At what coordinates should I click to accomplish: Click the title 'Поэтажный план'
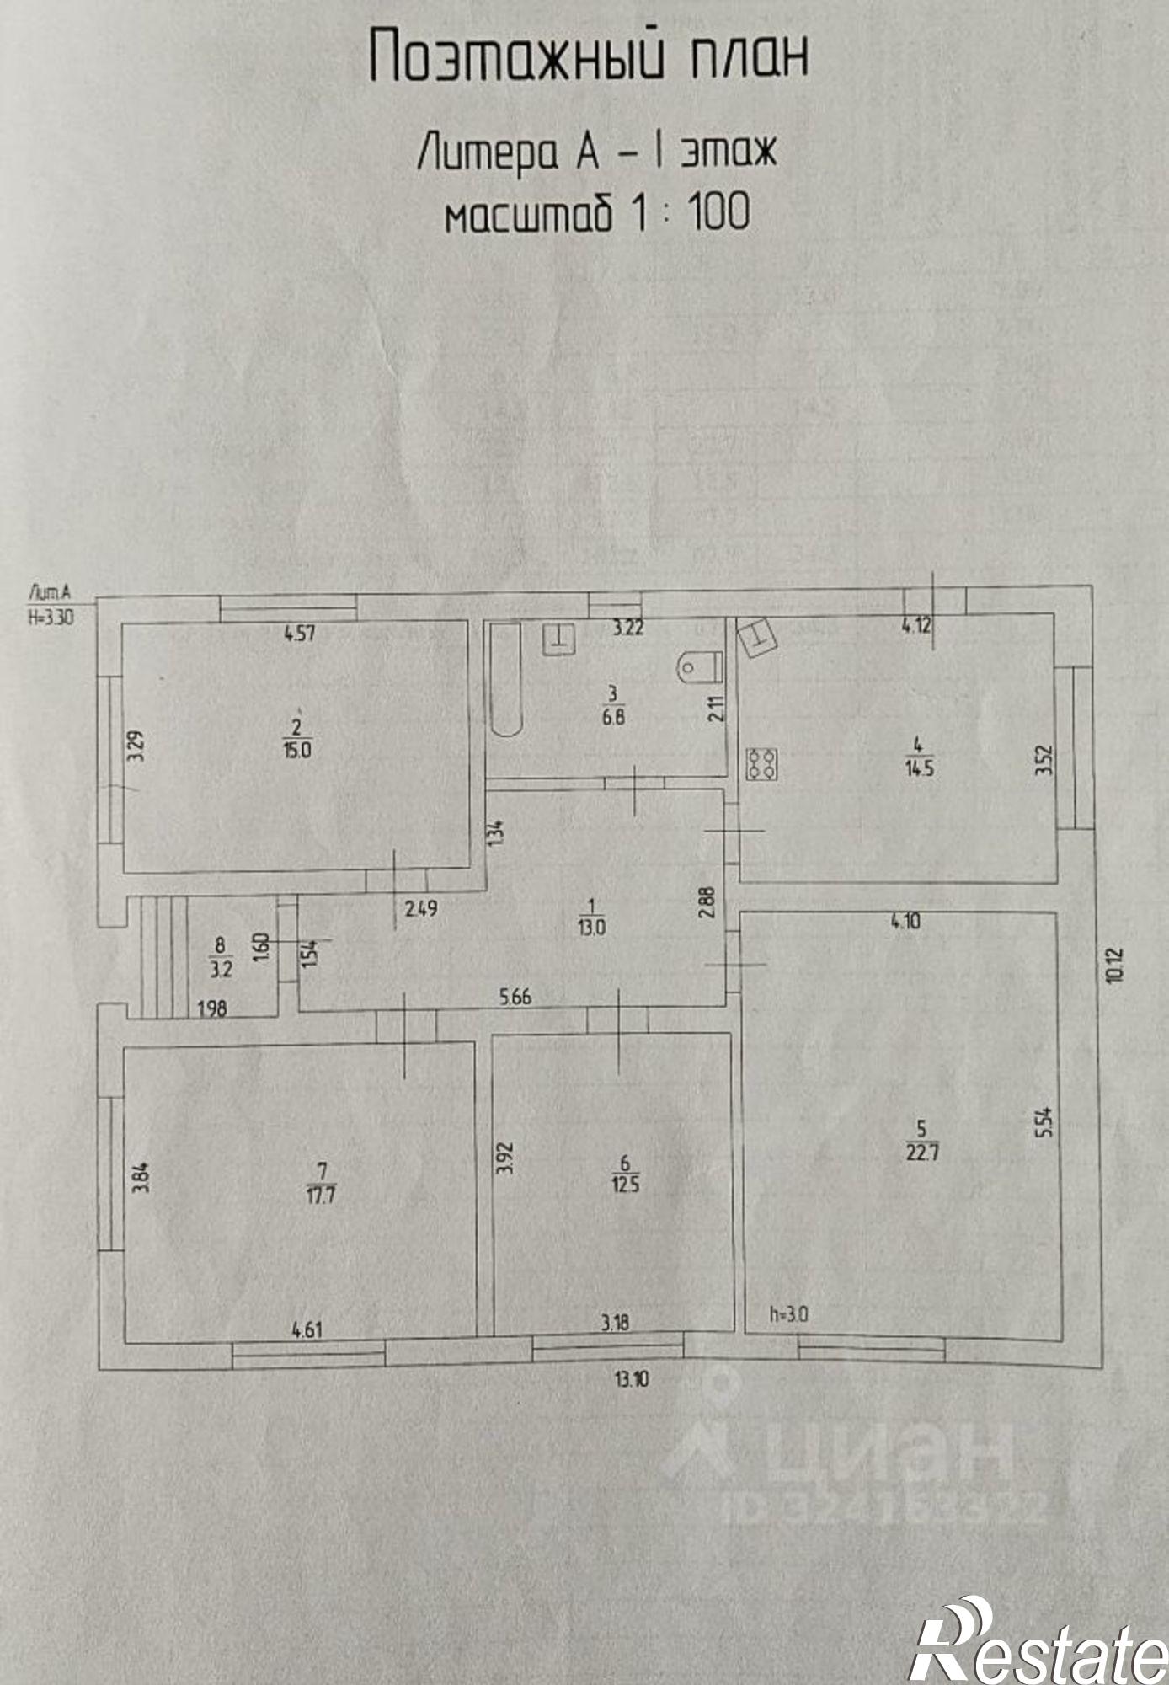point(589,56)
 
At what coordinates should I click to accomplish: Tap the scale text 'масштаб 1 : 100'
point(596,211)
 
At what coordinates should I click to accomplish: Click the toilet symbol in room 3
point(699,666)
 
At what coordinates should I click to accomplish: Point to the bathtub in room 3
point(506,679)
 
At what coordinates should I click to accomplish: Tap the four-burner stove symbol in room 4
point(762,763)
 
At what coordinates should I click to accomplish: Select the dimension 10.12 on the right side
point(1117,965)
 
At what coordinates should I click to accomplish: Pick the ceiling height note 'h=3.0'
point(789,1313)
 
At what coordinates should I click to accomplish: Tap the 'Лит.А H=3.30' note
point(51,603)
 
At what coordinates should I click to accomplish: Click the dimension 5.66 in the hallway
point(515,998)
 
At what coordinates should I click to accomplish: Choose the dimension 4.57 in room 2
point(299,632)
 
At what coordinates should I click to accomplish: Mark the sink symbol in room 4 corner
point(757,637)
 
